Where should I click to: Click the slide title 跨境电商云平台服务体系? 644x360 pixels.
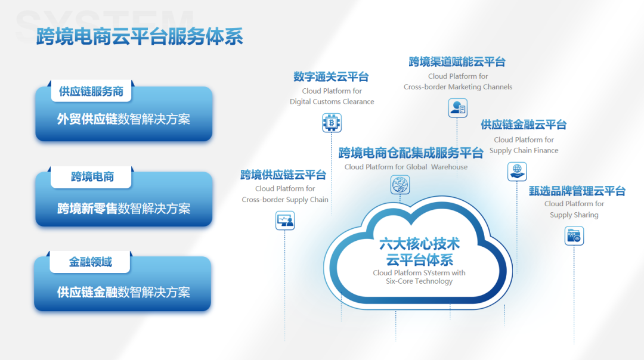140,36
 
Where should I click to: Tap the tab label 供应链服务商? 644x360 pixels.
91,91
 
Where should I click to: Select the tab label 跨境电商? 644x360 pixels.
92,177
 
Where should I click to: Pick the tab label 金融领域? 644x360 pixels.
91,262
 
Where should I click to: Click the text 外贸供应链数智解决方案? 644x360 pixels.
123,119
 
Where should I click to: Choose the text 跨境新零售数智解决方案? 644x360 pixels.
123,209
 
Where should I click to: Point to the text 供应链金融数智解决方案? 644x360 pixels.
123,292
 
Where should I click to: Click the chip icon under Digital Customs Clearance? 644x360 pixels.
332,122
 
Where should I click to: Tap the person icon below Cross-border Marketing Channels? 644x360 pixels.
457,108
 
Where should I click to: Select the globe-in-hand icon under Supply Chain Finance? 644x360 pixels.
517,171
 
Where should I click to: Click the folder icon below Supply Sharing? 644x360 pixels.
574,236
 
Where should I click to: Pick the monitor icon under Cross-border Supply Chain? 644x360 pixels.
285,221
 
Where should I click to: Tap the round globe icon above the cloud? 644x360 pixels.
400,185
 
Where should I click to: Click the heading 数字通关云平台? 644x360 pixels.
331,77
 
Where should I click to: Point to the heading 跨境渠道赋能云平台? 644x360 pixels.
457,62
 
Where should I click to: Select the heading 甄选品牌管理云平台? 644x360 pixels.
577,191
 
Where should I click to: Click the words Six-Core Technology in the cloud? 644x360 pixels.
419,281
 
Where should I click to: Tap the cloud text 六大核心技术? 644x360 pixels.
419,244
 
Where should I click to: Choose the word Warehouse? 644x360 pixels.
450,167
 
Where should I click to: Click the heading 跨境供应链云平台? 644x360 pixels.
283,175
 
